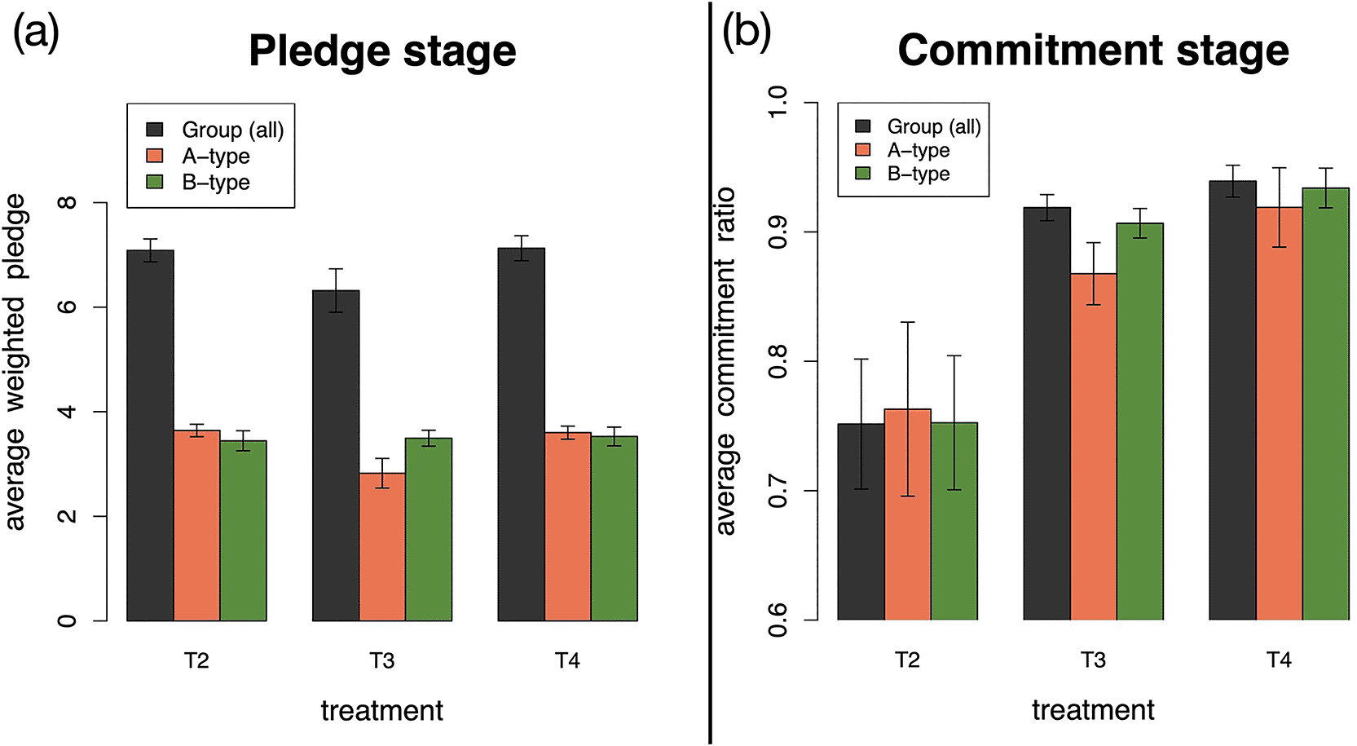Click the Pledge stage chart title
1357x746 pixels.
point(382,51)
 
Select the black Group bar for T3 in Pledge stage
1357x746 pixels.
point(336,456)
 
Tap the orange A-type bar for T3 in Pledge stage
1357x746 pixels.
point(382,547)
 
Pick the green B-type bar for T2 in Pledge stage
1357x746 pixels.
point(244,531)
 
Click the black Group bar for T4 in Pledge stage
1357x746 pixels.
point(521,435)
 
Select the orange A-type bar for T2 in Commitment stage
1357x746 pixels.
point(907,514)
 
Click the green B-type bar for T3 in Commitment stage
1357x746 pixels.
point(1139,422)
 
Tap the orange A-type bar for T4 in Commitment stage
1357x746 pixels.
point(1279,414)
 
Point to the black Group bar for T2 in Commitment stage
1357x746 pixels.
point(861,522)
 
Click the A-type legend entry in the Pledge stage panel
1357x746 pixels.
point(198,156)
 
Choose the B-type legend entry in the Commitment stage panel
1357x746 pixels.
point(902,174)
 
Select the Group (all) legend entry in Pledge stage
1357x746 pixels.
point(215,129)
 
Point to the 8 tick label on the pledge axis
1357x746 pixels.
point(67,202)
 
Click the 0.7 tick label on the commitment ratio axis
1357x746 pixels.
point(777,491)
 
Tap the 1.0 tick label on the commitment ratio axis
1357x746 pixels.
point(777,103)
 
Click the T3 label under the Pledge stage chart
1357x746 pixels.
point(381,660)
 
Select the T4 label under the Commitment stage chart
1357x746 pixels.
point(1279,660)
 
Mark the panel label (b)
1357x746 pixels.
point(747,33)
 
